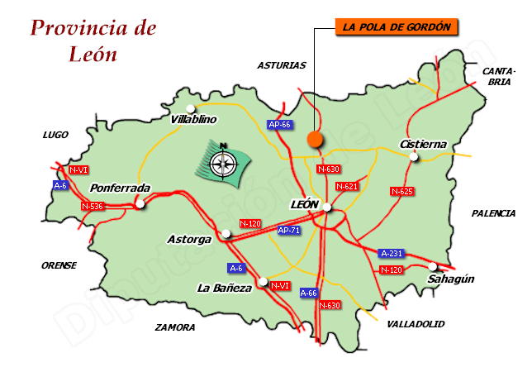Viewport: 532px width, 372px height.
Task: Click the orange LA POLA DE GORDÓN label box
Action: click(x=397, y=26)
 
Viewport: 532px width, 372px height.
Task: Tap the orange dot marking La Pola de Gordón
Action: click(x=315, y=140)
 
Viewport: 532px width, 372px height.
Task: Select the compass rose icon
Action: click(x=221, y=162)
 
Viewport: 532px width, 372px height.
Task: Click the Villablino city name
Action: click(x=193, y=120)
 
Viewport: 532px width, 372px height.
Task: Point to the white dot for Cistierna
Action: click(x=416, y=157)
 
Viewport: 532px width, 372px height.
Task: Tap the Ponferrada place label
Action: click(x=120, y=188)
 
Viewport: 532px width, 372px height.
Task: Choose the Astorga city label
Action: click(x=189, y=240)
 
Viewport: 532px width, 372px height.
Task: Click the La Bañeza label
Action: click(x=224, y=289)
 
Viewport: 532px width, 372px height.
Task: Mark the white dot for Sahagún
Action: click(x=433, y=266)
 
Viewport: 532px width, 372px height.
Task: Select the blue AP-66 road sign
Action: click(x=280, y=125)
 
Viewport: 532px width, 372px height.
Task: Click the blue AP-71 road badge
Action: click(x=289, y=231)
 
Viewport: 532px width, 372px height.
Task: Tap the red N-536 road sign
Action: click(x=93, y=206)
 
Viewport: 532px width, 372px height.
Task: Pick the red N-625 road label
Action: click(x=401, y=191)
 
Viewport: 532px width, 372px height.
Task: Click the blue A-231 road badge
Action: click(x=391, y=253)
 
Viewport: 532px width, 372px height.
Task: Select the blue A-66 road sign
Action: click(x=308, y=293)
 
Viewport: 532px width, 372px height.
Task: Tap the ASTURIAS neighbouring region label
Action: click(x=282, y=65)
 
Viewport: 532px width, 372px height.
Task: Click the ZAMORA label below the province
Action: click(x=175, y=328)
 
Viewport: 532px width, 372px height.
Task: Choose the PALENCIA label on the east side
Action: click(x=493, y=213)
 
